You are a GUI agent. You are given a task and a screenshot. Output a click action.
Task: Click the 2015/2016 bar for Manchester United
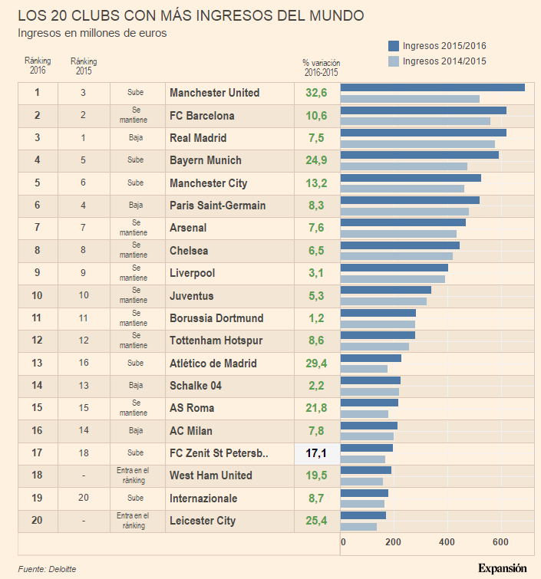432,87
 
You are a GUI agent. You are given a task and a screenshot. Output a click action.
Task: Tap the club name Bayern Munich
206,160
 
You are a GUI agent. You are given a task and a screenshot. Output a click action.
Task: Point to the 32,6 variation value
316,93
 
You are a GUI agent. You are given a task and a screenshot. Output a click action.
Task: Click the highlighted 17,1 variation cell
316,453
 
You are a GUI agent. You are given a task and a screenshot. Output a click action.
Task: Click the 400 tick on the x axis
447,543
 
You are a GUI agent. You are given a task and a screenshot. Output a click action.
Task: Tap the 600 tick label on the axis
500,543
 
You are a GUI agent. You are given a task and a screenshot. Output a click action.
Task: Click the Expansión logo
502,568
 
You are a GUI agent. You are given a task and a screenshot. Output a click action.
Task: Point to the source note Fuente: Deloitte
47,569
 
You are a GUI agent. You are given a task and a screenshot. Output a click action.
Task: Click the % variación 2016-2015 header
321,67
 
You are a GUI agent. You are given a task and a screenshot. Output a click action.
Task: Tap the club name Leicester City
203,521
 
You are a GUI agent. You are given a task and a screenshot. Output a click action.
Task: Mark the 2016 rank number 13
37,363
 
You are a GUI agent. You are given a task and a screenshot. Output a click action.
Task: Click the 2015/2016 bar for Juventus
385,290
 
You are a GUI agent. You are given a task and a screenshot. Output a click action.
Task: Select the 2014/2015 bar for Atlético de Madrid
364,369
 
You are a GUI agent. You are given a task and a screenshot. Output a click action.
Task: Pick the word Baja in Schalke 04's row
136,386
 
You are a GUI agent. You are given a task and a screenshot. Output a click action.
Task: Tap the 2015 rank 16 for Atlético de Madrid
83,363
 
